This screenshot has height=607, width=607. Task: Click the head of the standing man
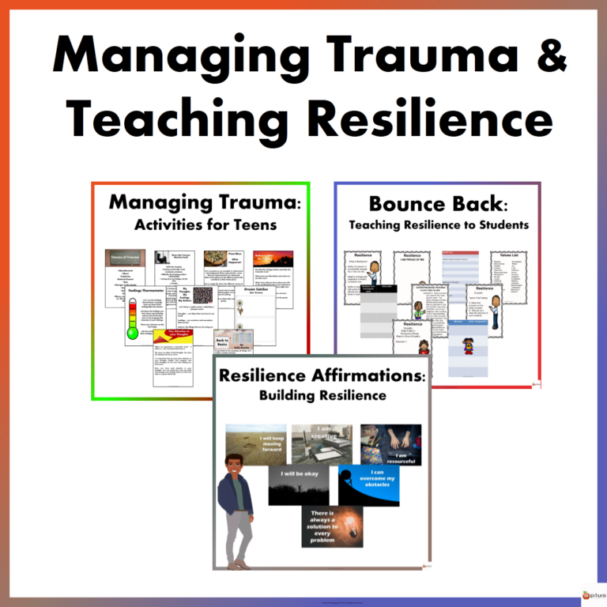coord(235,467)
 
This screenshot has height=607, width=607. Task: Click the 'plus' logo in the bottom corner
coord(594,594)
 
